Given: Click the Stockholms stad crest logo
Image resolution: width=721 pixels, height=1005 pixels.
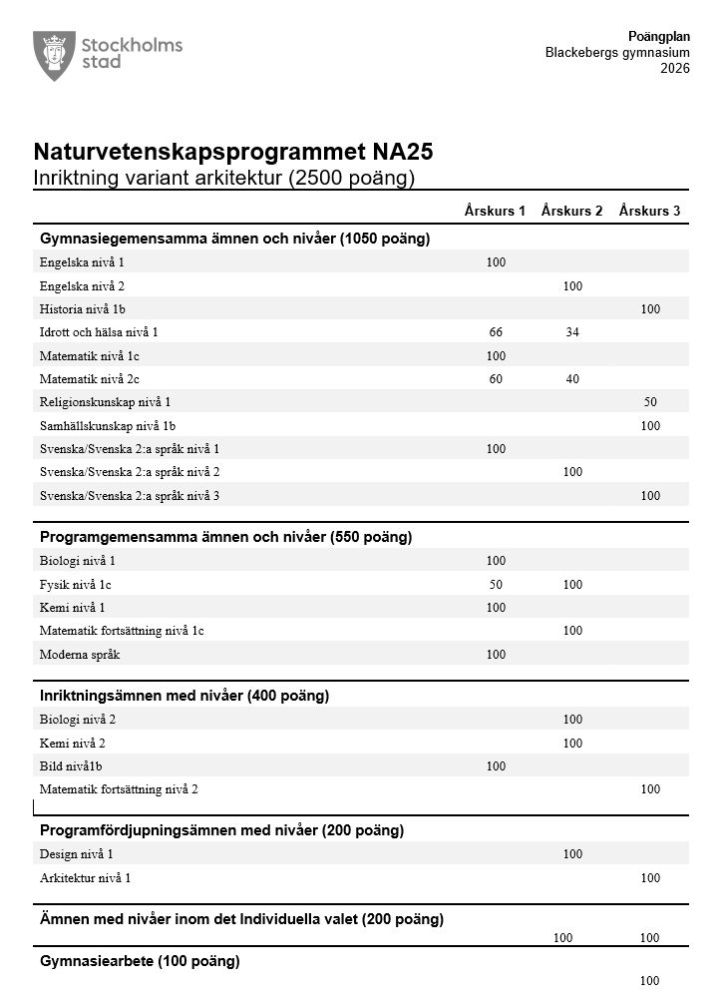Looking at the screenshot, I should click(x=54, y=55).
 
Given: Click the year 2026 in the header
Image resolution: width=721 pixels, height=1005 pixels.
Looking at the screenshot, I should click(x=674, y=69).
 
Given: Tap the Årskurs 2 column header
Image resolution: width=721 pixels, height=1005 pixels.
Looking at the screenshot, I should click(x=571, y=211).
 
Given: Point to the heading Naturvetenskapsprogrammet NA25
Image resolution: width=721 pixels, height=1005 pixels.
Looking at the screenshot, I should click(x=233, y=153).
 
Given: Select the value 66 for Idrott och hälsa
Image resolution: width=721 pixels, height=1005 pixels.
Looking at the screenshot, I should click(x=496, y=332).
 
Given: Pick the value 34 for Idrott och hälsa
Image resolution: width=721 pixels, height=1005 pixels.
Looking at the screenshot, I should click(x=572, y=332).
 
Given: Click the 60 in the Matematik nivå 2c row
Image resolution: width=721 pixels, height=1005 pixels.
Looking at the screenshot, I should click(x=496, y=379).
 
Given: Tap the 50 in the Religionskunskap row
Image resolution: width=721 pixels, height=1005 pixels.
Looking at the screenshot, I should click(x=650, y=402).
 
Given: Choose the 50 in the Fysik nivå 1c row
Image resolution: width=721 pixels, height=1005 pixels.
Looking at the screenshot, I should click(x=496, y=585).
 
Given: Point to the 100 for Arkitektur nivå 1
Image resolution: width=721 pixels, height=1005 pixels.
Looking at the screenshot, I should click(x=650, y=878).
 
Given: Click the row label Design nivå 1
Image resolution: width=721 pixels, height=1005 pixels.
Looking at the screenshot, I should click(x=77, y=854).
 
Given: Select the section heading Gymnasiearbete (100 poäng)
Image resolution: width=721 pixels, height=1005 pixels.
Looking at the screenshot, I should click(x=140, y=961).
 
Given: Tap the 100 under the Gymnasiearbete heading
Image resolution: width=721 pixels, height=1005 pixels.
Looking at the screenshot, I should click(x=650, y=981).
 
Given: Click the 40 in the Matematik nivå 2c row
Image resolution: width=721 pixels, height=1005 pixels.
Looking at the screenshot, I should click(x=572, y=379).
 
